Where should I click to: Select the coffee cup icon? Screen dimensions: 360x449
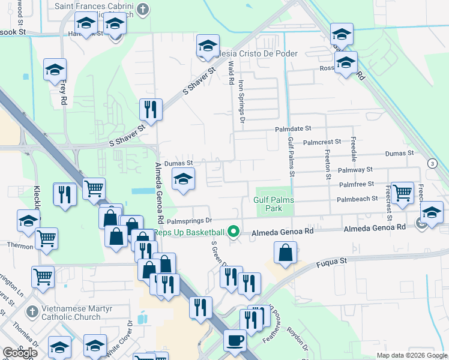pos(234,340)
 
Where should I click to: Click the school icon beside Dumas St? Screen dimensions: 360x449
pos(184,179)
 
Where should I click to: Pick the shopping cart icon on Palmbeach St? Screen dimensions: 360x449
pos(402,193)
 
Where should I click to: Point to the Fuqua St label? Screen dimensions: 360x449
pos(336,262)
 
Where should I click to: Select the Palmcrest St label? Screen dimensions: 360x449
pos(322,142)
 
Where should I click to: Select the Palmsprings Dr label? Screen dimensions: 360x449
pos(194,221)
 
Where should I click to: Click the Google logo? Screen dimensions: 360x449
pos(20,353)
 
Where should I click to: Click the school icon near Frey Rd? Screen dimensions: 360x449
pos(55,70)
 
